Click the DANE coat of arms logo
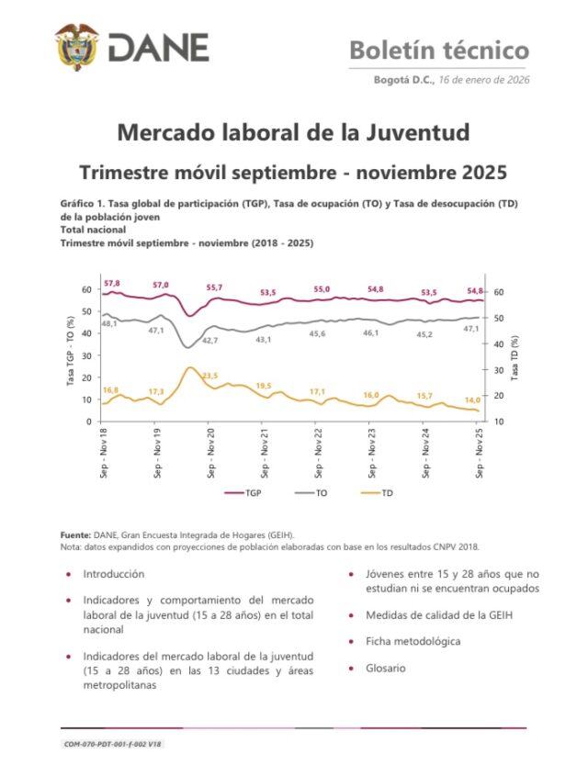pyautogui.click(x=76, y=47)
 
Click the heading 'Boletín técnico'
pyautogui.click(x=438, y=50)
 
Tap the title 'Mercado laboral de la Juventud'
pyautogui.click(x=293, y=132)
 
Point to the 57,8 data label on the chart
pyautogui.click(x=112, y=283)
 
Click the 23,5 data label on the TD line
pyautogui.click(x=209, y=376)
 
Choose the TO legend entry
pyautogui.click(x=312, y=493)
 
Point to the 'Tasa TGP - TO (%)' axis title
pyautogui.click(x=70, y=354)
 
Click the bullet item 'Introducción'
pyautogui.click(x=113, y=574)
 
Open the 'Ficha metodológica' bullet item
pyautogui.click(x=413, y=641)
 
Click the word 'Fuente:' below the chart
pyautogui.click(x=75, y=534)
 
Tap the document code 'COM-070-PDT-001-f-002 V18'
pyautogui.click(x=113, y=745)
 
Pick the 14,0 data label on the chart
pyautogui.click(x=472, y=399)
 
